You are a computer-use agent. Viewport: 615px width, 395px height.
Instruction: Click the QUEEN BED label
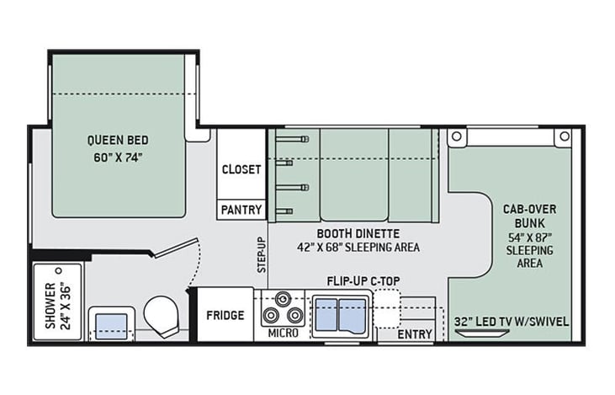tap(118, 140)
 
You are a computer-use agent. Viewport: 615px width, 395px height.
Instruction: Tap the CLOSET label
tap(241, 169)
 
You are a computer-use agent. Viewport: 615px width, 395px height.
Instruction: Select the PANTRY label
tap(241, 210)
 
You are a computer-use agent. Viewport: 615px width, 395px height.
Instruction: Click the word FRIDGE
tap(225, 315)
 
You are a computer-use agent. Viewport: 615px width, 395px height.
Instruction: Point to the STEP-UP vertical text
tap(262, 255)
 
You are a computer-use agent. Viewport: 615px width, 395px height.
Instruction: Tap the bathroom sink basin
tap(112, 326)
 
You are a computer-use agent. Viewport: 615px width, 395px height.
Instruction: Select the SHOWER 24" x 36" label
tap(58, 306)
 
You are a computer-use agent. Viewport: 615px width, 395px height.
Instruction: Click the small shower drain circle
tap(59, 270)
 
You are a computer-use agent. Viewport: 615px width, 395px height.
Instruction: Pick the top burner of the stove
tap(283, 299)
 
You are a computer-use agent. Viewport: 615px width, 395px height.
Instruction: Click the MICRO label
tap(284, 334)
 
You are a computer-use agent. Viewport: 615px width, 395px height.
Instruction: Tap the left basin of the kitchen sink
tap(326, 315)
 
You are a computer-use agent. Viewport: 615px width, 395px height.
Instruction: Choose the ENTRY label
tap(415, 334)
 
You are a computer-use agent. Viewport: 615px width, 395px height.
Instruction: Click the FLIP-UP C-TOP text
tap(363, 281)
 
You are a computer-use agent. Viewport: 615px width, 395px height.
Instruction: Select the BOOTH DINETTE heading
tap(358, 233)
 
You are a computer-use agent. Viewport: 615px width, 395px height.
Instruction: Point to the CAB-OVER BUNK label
tap(529, 216)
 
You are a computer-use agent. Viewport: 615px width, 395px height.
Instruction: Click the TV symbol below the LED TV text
tap(482, 334)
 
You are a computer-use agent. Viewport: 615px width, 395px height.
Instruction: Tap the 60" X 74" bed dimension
tap(118, 157)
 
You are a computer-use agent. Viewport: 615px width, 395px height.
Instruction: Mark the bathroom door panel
tap(175, 248)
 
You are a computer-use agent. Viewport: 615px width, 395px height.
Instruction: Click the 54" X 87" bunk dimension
tap(529, 238)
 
